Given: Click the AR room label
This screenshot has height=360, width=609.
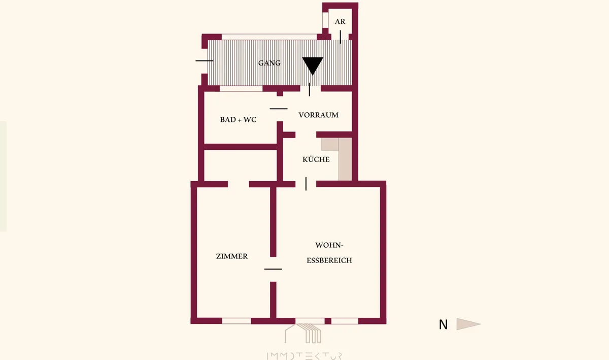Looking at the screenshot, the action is [340, 21].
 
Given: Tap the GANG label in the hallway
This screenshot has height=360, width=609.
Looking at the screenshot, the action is [269, 63].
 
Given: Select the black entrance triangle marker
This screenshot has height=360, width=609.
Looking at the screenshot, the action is [313, 66].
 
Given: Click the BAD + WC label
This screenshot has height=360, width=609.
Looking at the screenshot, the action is [238, 120].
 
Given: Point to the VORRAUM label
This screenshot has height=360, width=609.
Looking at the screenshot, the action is [318, 115].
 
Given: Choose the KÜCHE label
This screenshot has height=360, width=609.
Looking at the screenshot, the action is [316, 159].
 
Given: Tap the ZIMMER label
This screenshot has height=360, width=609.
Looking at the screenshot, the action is [232, 256].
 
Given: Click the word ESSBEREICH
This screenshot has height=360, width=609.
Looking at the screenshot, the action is [329, 260].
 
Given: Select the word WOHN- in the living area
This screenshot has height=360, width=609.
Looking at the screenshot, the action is [329, 245].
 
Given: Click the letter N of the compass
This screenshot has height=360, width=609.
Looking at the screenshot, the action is [443, 324].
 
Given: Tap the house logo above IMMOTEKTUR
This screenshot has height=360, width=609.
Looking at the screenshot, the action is [303, 333].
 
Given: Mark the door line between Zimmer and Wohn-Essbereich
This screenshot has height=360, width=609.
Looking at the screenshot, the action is [273, 269].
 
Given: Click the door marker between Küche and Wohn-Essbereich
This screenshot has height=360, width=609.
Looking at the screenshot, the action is [306, 184].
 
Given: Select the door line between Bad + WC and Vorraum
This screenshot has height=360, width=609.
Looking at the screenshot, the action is [279, 109].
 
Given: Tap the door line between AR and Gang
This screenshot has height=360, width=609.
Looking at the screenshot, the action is [340, 37].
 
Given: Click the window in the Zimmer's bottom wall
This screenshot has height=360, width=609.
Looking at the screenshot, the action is [236, 321].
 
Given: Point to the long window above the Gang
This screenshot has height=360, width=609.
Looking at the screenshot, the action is [269, 37].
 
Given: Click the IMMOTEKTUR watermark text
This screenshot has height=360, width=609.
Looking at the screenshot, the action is [304, 356].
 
